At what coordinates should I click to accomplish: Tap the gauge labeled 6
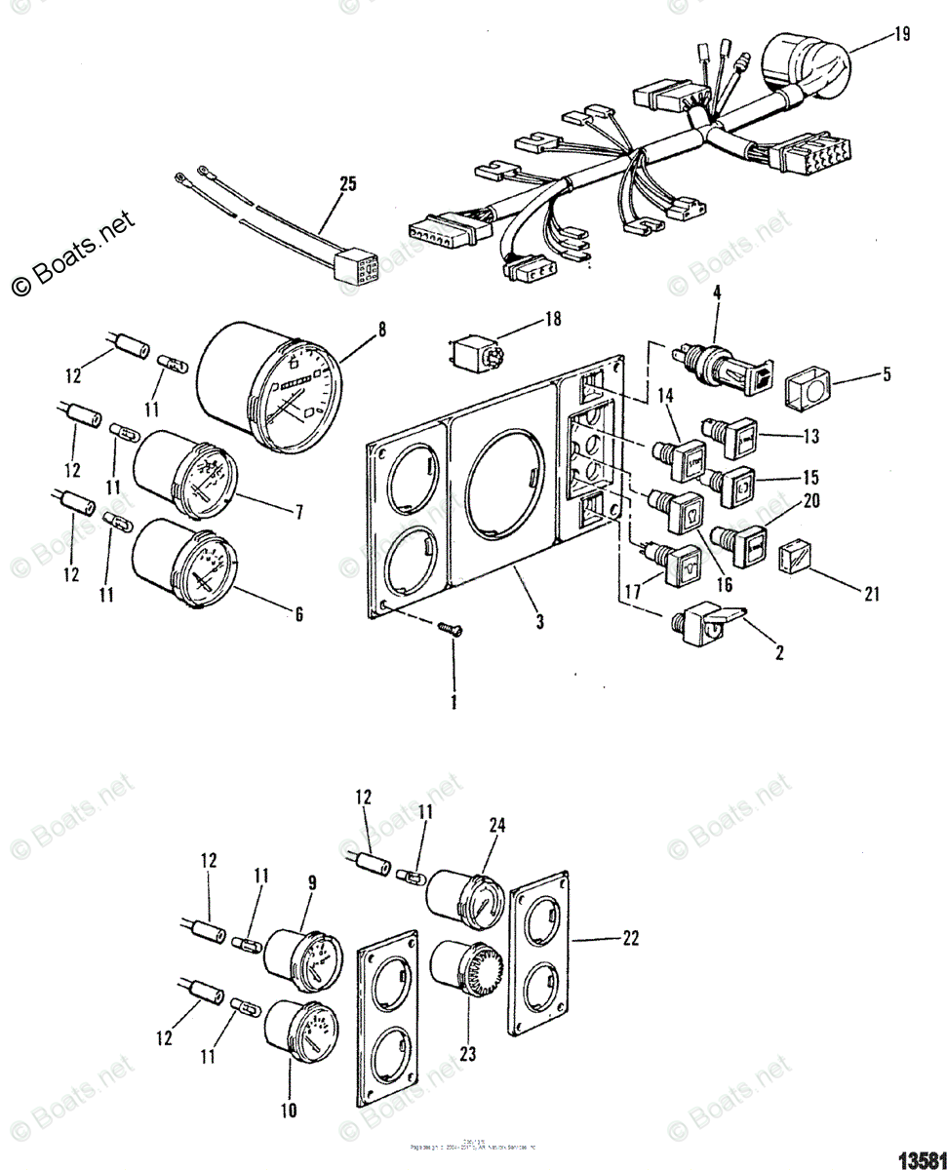pos(185,568)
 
